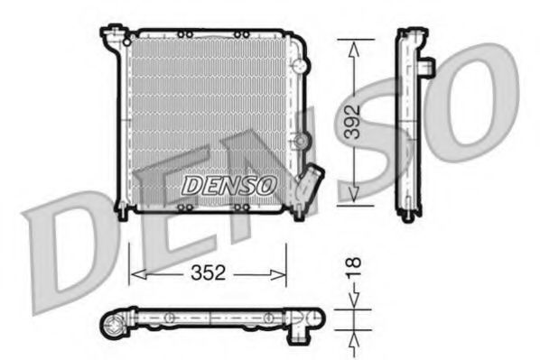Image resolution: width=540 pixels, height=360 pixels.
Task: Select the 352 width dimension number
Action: click(208, 272)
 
